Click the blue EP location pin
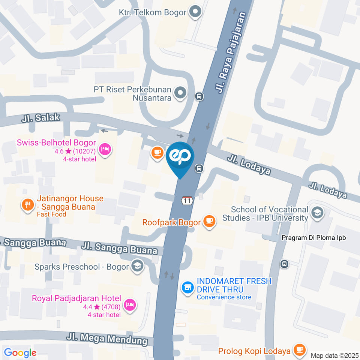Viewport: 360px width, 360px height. point(180,157)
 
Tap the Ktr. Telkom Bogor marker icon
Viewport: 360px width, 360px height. point(195,12)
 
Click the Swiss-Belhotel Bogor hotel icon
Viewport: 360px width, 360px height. point(104,150)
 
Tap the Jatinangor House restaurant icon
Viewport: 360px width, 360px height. point(27,205)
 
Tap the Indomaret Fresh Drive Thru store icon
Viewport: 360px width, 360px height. point(187,288)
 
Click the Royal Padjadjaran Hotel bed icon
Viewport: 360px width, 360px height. point(129,304)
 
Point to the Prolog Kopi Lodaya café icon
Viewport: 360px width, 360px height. point(299,349)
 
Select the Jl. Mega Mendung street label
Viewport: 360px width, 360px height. point(107,339)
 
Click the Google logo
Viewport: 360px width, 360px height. point(20,353)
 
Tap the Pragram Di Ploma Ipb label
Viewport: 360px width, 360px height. point(313,238)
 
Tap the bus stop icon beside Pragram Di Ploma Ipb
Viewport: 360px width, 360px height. point(285,264)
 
